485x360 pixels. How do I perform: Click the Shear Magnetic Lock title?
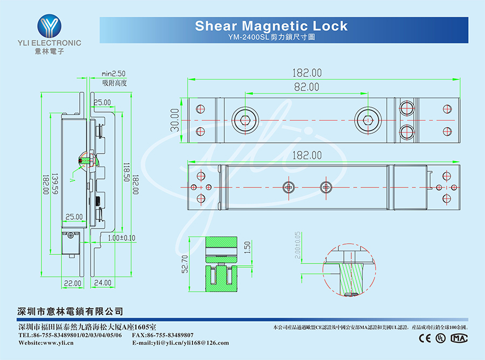click(271, 25)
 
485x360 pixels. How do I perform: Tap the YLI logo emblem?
click(49, 25)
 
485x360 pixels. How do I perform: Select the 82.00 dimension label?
click(307, 87)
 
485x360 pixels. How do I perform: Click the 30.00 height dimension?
click(175, 120)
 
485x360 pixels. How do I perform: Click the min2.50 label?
click(113, 73)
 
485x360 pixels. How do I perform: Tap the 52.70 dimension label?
click(185, 265)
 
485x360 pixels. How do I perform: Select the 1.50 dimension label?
click(247, 247)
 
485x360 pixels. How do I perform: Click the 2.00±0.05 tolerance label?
click(297, 245)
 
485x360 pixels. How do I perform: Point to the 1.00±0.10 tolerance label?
click(121, 238)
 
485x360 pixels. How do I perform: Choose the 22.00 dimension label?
click(73, 282)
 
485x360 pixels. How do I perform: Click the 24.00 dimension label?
click(103, 282)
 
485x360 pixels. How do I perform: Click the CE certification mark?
click(425, 338)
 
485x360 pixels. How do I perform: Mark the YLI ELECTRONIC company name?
click(49, 43)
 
